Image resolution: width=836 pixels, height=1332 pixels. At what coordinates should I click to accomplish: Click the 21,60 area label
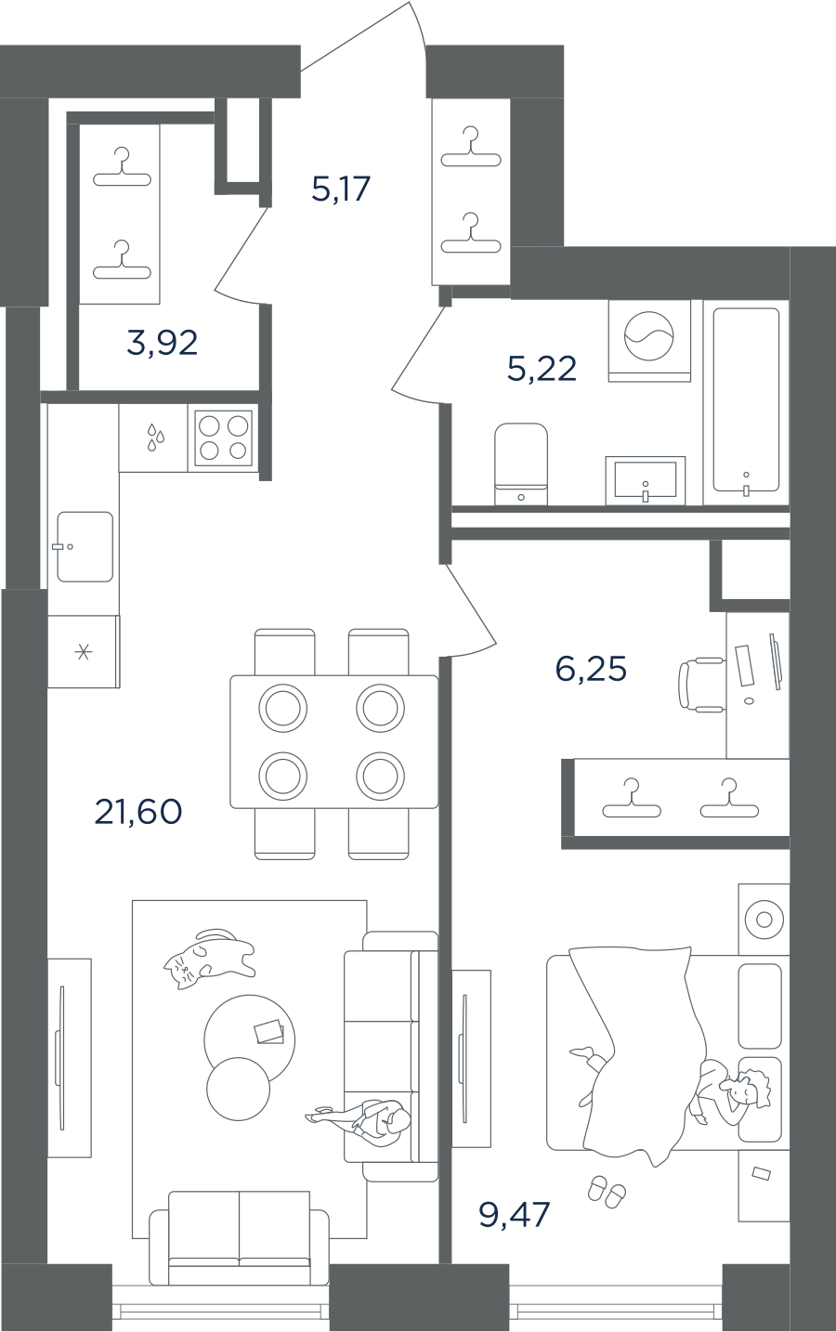[138, 812]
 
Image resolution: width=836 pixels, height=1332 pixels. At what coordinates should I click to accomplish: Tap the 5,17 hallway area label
[341, 189]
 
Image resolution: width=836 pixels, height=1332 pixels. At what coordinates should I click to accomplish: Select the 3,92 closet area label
[163, 343]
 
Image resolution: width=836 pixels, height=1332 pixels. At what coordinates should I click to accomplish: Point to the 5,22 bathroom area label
[542, 369]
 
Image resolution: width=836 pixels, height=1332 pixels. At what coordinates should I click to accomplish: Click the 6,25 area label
[591, 669]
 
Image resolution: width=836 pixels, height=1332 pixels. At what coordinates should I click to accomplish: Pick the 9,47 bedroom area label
[515, 1214]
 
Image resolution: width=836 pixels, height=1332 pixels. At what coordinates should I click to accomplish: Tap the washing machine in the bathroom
[649, 341]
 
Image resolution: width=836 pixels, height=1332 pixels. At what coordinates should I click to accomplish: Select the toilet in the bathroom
[521, 464]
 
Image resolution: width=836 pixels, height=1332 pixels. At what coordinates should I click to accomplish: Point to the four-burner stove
[223, 438]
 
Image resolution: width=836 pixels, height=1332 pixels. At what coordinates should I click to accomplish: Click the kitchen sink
[85, 546]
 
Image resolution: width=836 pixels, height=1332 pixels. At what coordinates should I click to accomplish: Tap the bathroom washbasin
[646, 480]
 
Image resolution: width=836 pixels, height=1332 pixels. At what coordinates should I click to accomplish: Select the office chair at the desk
[701, 685]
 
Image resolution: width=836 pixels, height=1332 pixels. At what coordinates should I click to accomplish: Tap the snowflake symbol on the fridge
[84, 652]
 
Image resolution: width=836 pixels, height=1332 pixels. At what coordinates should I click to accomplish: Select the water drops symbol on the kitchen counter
[155, 437]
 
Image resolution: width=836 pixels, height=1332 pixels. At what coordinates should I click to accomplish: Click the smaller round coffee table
[238, 1089]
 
